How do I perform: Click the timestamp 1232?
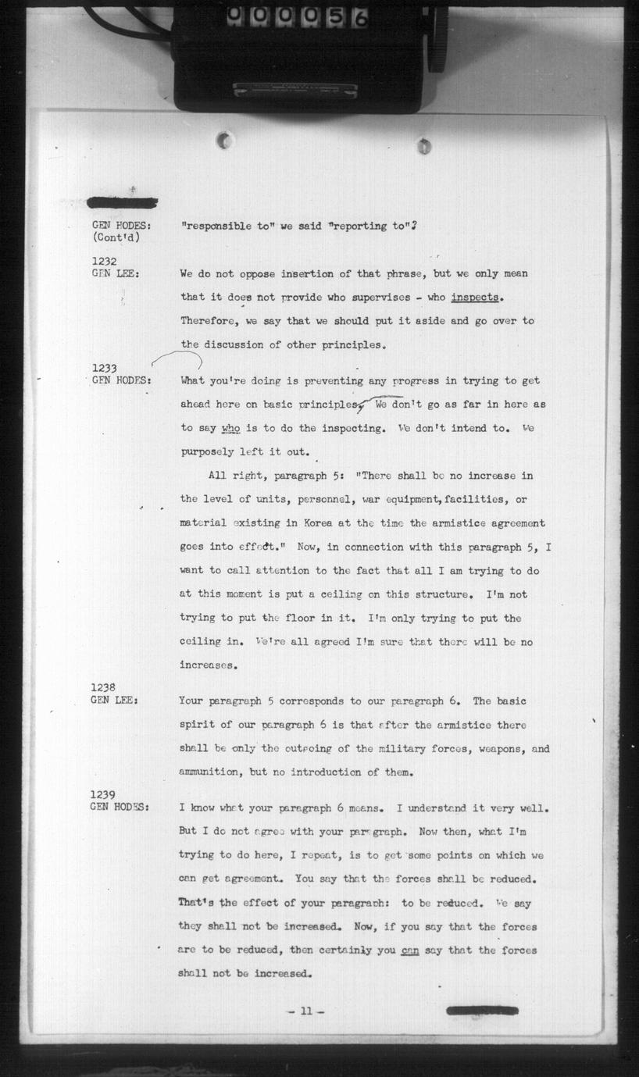pos(104,261)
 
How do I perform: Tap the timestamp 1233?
pos(104,368)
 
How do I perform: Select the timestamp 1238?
pos(104,687)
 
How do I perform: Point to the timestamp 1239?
pos(104,795)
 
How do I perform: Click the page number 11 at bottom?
pos(305,1011)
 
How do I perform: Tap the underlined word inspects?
pos(475,298)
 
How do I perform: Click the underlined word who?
pos(230,428)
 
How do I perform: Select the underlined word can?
pos(409,950)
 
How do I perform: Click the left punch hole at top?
pos(225,141)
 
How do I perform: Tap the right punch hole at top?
pos(424,145)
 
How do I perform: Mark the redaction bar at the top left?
pos(122,203)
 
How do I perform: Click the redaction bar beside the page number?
pos(482,1010)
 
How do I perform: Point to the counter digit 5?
pos(334,17)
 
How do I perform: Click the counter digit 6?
pos(360,17)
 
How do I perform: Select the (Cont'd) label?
pos(116,237)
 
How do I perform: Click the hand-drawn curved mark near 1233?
pos(177,361)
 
